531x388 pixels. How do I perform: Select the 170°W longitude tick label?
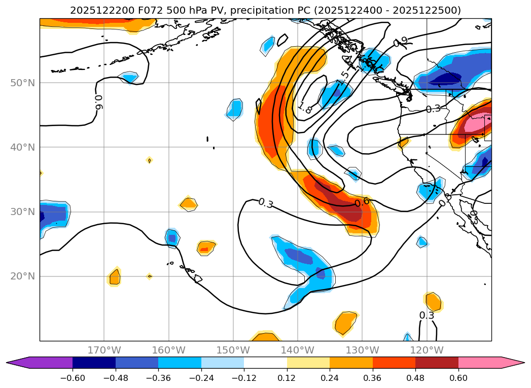(x=104, y=350)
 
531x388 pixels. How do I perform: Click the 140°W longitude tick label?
(x=298, y=350)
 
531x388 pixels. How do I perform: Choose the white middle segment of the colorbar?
(x=265, y=363)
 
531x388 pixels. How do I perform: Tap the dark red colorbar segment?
(x=437, y=363)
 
